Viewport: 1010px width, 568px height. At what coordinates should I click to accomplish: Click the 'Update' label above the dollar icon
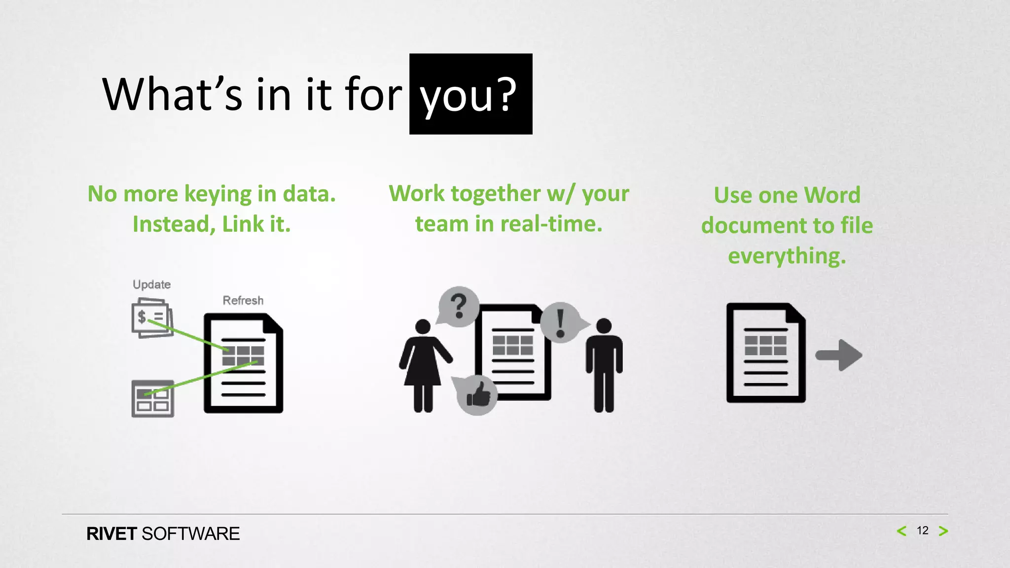[151, 284]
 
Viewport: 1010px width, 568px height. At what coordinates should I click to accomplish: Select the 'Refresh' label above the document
[243, 300]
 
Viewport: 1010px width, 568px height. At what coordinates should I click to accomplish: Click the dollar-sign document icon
[152, 318]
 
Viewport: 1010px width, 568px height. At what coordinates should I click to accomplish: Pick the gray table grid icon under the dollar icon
[152, 399]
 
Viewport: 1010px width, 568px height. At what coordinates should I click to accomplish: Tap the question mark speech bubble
[459, 306]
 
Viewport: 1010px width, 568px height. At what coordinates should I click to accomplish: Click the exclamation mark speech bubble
[561, 322]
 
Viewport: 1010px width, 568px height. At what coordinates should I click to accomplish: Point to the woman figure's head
[423, 326]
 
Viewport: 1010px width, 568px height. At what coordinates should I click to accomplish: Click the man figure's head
[604, 325]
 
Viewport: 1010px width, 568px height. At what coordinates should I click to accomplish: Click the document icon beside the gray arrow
[765, 353]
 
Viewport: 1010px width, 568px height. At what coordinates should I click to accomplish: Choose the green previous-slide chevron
[902, 531]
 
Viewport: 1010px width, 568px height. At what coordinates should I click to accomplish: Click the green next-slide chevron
[943, 531]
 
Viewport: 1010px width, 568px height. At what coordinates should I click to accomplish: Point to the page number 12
[922, 531]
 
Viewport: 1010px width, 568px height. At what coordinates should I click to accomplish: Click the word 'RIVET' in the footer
[111, 534]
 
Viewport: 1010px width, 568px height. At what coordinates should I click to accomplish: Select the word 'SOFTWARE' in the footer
[190, 534]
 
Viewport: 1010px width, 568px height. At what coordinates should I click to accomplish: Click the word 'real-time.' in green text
[551, 224]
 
